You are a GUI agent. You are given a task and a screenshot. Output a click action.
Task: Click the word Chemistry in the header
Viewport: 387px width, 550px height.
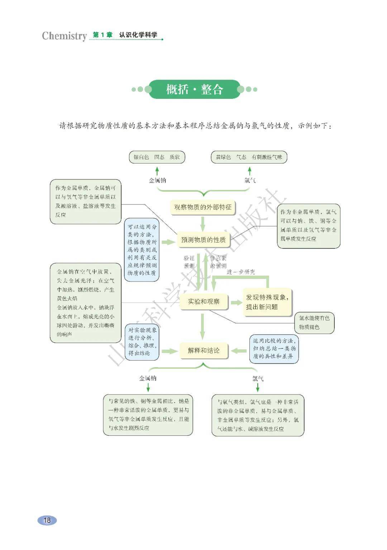click(x=64, y=36)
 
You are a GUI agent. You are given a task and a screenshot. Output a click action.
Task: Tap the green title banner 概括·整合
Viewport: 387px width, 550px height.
click(x=194, y=89)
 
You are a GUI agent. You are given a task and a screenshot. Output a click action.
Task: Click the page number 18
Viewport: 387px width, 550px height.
click(x=47, y=520)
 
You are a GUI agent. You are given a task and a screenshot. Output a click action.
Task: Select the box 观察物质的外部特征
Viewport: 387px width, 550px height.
click(x=202, y=207)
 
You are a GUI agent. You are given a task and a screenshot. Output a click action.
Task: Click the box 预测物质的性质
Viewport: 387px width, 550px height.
click(x=203, y=240)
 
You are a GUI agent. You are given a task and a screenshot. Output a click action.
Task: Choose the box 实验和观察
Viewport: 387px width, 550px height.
click(x=204, y=301)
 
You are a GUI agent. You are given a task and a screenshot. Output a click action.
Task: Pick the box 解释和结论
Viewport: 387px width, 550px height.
click(x=204, y=350)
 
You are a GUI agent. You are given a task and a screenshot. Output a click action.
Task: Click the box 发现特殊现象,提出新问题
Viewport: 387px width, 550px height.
click(x=267, y=302)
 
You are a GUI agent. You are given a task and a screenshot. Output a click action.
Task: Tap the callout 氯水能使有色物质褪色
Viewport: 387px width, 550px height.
click(x=314, y=322)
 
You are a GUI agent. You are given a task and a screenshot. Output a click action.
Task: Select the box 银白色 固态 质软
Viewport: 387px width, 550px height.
click(x=157, y=157)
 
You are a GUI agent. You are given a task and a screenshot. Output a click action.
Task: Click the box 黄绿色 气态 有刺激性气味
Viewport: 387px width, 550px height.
click(x=249, y=157)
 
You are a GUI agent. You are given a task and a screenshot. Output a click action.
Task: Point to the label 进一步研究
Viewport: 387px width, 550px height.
click(x=240, y=272)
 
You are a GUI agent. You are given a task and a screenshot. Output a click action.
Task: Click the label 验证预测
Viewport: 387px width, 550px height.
click(x=189, y=262)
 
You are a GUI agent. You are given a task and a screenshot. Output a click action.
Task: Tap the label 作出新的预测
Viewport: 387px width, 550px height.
click(x=218, y=262)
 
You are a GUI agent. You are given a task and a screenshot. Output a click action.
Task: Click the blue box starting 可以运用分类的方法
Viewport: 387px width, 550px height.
click(x=142, y=250)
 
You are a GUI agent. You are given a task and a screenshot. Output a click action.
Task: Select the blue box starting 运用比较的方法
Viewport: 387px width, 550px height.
click(x=274, y=348)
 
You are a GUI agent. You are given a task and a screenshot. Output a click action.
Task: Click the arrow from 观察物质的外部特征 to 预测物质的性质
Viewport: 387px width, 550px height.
click(x=203, y=223)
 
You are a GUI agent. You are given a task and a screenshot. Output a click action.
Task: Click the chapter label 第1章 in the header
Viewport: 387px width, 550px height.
click(x=102, y=35)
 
